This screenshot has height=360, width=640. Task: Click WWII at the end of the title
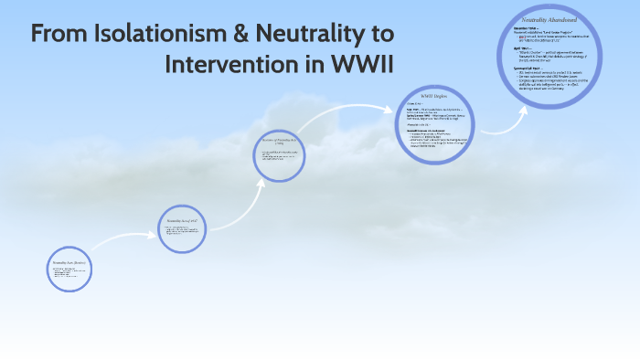[x=359, y=66]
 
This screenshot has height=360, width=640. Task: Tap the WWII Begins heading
[x=432, y=96]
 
